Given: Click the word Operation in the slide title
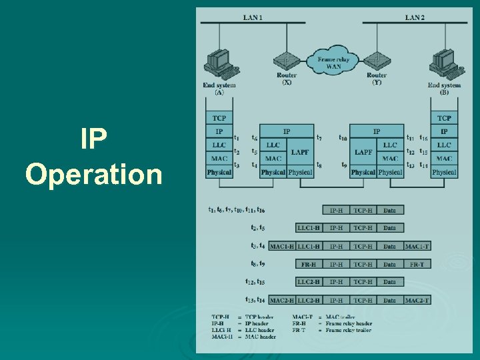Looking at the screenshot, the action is (x=94, y=175).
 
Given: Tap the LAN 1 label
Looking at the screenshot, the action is (x=253, y=17).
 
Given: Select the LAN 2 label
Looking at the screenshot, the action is (x=414, y=17).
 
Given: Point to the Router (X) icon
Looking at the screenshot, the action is (x=287, y=61).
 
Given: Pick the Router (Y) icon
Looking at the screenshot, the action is (x=377, y=61).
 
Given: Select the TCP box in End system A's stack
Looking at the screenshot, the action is (x=219, y=118).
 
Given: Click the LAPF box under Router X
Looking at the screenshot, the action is (x=300, y=152).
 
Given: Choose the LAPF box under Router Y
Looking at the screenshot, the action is (x=363, y=152).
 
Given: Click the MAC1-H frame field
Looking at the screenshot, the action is (x=282, y=246).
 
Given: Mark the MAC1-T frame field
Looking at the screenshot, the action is (x=417, y=246).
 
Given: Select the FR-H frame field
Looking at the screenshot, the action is (x=309, y=264).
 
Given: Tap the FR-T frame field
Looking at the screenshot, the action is (x=417, y=264).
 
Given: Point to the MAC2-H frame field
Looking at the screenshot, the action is (x=282, y=300).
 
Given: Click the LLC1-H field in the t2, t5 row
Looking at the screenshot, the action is (x=309, y=228).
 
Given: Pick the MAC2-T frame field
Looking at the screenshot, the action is (x=417, y=300).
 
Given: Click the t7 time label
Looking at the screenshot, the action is (x=319, y=138).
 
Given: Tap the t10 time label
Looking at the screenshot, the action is (x=343, y=138).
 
